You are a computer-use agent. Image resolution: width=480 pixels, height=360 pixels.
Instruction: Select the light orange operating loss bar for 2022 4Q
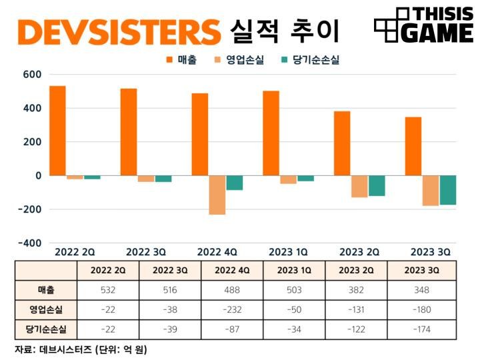(217, 195)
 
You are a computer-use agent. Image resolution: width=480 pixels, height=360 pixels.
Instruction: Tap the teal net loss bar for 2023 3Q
(447, 190)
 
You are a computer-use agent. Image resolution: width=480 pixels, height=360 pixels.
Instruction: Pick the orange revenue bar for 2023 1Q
(271, 133)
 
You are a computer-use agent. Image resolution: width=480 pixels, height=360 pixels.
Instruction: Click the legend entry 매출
(183, 60)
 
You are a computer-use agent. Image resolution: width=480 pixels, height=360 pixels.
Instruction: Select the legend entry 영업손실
(240, 60)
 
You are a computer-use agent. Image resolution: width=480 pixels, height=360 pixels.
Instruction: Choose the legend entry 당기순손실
(310, 60)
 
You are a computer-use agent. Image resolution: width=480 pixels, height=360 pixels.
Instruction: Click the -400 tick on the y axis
(29, 243)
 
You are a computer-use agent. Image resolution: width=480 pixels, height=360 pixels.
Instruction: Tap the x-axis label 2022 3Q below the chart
(146, 252)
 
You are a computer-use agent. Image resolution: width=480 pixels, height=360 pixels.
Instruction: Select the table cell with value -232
(231, 309)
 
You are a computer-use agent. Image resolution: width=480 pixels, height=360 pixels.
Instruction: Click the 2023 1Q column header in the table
(294, 271)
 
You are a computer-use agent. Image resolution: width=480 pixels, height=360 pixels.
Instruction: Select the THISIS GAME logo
(423, 26)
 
